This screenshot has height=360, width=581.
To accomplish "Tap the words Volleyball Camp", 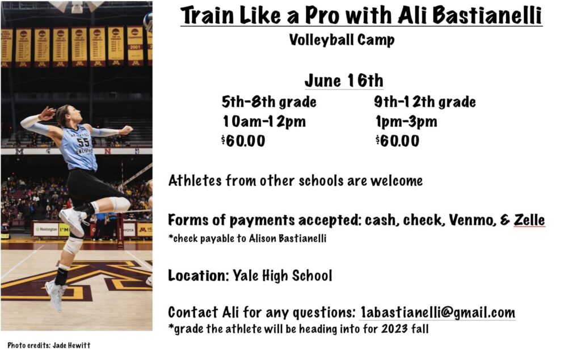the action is pos(342,40).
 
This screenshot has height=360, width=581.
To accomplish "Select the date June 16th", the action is pos(344,81).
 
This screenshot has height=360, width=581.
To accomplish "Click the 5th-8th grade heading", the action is pos(269,102).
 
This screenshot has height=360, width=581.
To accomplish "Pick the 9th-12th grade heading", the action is pos(424,102).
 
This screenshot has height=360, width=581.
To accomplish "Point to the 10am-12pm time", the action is pos(264,121).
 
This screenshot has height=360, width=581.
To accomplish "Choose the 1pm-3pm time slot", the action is pos(406,121).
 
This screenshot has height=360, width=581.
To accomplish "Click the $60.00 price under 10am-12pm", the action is pos(243,141).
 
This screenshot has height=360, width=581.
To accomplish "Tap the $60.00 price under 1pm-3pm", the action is pos(397,141).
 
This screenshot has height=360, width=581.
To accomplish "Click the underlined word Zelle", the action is pos(529,220).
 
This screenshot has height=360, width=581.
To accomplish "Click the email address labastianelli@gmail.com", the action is pos(437,312).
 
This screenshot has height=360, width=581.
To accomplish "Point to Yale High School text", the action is pos(283,276).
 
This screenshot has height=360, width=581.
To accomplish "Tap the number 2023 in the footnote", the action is pos(394,329).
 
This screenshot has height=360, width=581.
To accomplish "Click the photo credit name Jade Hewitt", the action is pos(71,346).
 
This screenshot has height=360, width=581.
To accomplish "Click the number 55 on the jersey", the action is pos(83,142).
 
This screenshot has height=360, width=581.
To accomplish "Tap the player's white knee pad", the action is pos(120,205).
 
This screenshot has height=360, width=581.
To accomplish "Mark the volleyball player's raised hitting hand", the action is pos(47,113).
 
